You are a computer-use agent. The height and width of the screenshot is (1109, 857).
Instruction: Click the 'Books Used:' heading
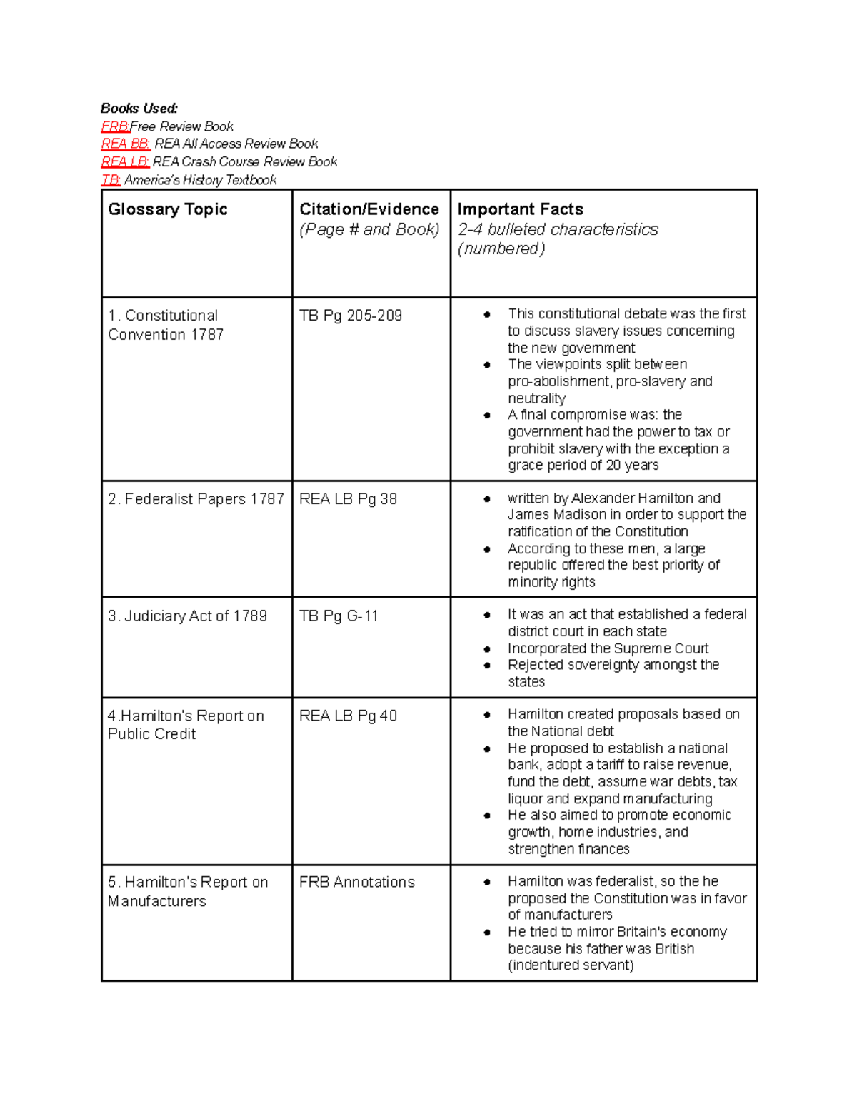click(x=139, y=109)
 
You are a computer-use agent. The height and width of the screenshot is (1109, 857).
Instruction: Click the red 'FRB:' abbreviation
click(x=114, y=126)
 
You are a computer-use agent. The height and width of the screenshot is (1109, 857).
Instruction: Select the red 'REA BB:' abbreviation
click(x=125, y=144)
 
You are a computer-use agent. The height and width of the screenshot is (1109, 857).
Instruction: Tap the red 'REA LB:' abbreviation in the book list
click(x=124, y=162)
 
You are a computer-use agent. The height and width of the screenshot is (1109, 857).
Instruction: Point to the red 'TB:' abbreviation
click(x=110, y=180)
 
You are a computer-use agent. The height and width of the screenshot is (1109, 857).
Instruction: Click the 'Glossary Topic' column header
click(x=167, y=209)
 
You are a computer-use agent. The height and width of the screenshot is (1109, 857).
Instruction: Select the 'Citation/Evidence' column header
click(x=369, y=209)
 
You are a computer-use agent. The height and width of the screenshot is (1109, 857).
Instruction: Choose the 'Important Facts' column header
click(x=520, y=209)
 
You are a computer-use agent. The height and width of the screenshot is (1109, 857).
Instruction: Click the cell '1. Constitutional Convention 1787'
click(x=166, y=325)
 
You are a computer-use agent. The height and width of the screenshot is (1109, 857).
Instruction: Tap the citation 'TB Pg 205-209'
click(x=351, y=316)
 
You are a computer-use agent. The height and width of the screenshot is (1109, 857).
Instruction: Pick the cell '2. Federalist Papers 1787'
click(x=196, y=499)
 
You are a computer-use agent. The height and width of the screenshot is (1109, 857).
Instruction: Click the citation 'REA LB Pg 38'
click(x=348, y=499)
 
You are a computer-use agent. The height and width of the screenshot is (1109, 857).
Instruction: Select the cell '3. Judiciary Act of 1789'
click(x=187, y=616)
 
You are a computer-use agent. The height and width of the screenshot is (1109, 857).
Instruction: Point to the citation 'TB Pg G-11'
click(x=339, y=616)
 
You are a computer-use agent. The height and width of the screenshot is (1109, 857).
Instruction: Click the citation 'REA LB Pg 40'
click(x=348, y=716)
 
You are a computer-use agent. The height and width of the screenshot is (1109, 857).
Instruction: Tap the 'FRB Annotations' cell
click(x=356, y=882)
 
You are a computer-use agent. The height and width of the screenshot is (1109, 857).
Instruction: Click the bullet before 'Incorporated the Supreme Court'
click(x=487, y=649)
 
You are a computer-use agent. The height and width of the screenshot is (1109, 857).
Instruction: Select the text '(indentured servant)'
click(x=571, y=965)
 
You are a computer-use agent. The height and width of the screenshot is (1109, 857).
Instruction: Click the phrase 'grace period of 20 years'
click(x=583, y=465)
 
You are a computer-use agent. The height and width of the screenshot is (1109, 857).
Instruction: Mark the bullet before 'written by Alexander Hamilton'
click(x=487, y=499)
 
